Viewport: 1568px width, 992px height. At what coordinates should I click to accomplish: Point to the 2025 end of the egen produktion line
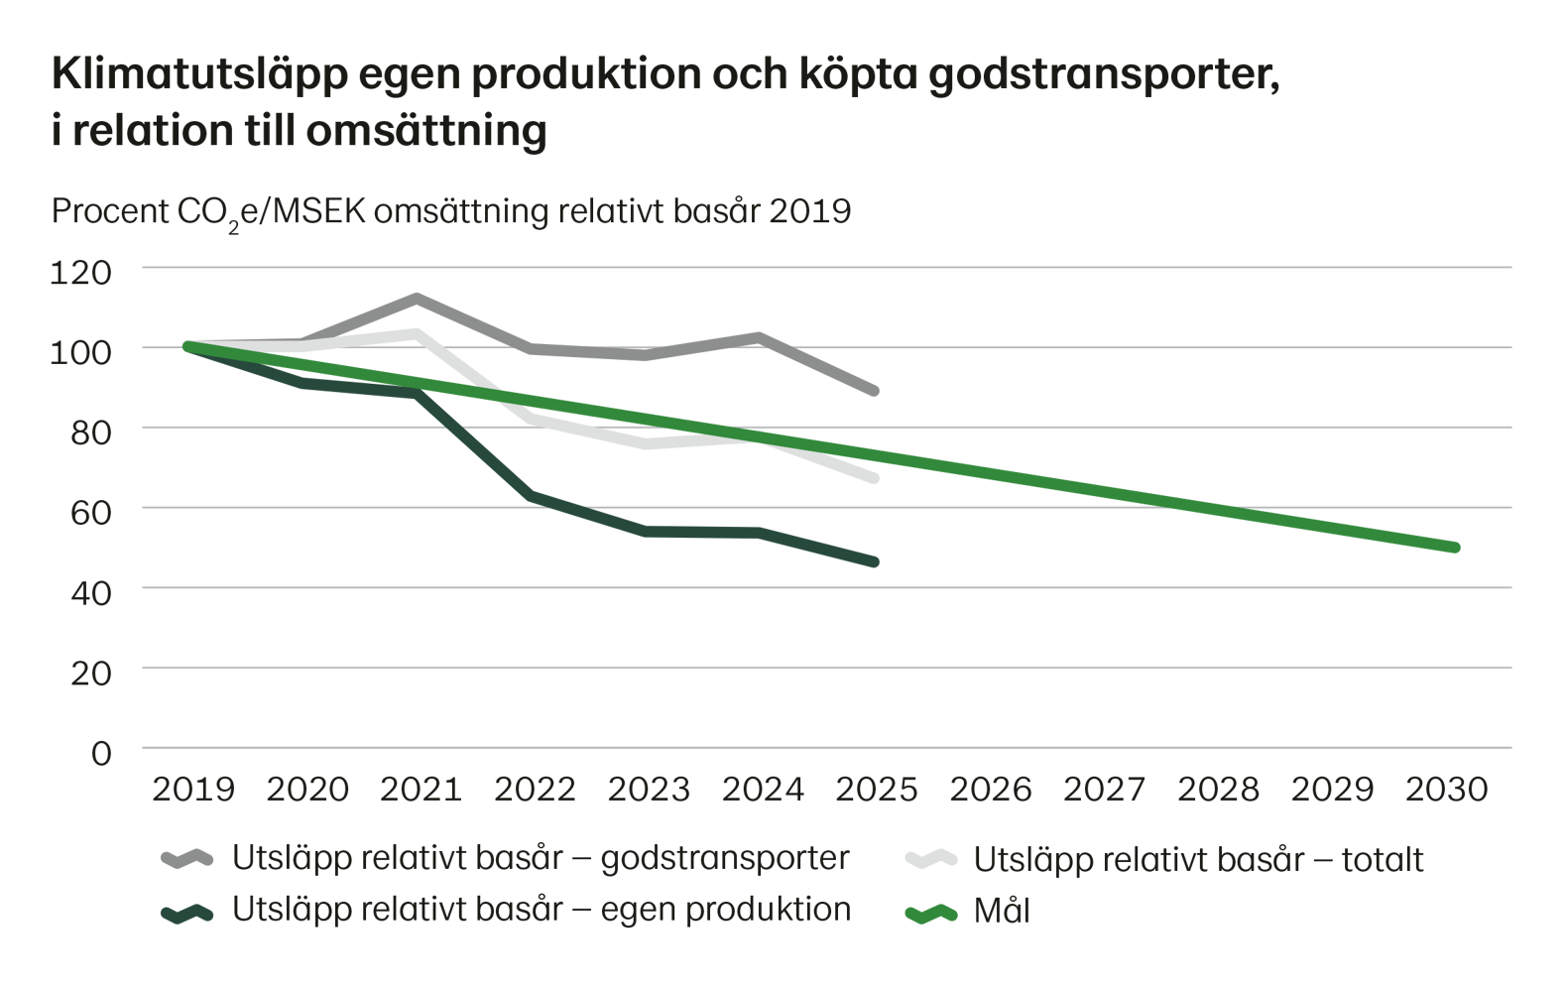tap(875, 561)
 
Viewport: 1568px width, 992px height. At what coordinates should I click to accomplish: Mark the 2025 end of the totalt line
tap(875, 478)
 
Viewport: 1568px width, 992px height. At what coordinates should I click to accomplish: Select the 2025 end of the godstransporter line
tap(875, 391)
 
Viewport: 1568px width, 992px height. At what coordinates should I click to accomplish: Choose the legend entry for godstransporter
tap(540, 859)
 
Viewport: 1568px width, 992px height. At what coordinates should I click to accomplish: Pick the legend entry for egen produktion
tap(540, 911)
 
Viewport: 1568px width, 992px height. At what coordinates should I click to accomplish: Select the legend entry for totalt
tap(1198, 859)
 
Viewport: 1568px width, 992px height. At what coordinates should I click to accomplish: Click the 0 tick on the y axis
tap(101, 753)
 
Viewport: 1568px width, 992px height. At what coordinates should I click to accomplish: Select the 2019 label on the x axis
tap(193, 790)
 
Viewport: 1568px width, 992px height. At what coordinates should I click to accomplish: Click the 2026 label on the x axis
tap(991, 790)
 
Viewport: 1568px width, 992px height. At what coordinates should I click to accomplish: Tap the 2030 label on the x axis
tap(1447, 790)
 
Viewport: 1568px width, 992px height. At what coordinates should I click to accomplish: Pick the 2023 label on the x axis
tap(649, 790)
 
